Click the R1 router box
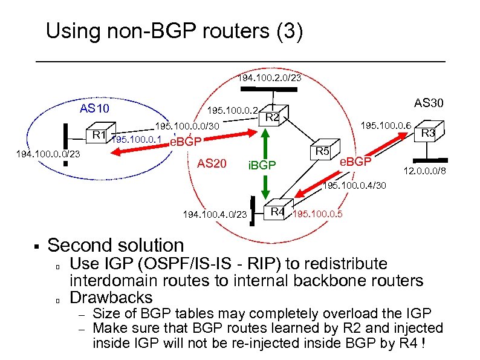click(99, 134)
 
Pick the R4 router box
click(277, 211)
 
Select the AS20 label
click(212, 163)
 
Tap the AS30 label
click(430, 103)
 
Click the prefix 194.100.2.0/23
click(269, 78)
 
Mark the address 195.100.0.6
click(386, 125)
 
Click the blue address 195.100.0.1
click(137, 140)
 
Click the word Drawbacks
click(112, 297)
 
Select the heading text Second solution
click(115, 245)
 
